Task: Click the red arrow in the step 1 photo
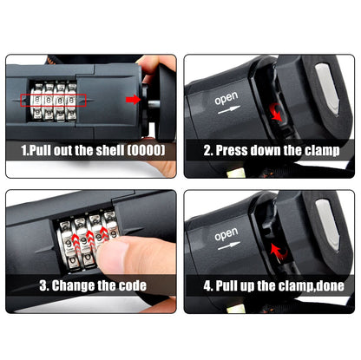133,100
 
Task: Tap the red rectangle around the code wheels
53,95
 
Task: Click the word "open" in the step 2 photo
226,98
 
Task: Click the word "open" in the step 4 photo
226,234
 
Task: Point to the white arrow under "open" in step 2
229,109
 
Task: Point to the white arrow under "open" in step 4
229,245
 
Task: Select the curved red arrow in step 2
275,112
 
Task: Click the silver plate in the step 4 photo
328,224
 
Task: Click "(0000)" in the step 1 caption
147,150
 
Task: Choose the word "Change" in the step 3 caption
73,285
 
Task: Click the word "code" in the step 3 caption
133,285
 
